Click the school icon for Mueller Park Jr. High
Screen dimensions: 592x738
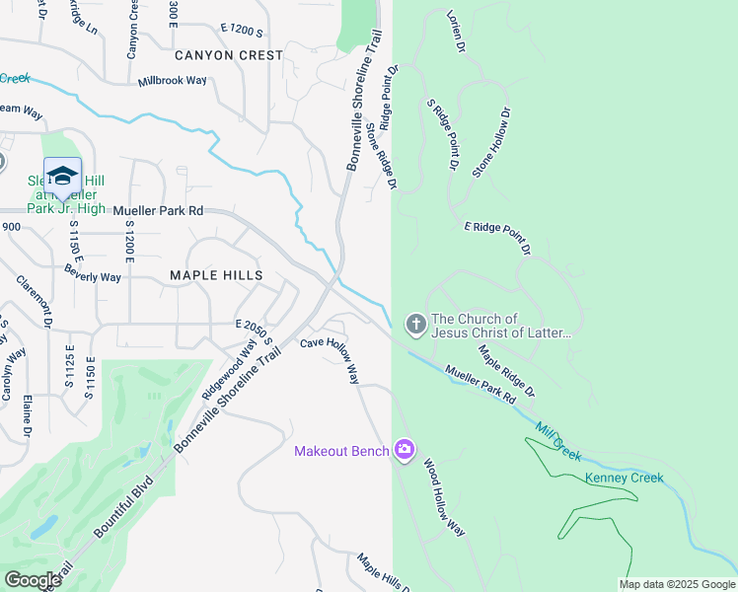pyautogui.click(x=62, y=175)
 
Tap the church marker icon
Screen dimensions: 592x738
pyautogui.click(x=415, y=323)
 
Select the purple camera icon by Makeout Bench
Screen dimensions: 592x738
pyautogui.click(x=404, y=450)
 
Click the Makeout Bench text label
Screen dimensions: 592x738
pyautogui.click(x=340, y=451)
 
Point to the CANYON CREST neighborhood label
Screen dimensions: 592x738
pyautogui.click(x=229, y=55)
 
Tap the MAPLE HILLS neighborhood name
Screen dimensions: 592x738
pyautogui.click(x=216, y=275)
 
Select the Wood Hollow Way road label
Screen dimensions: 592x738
pyautogui.click(x=444, y=496)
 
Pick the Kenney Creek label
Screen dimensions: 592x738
pyautogui.click(x=624, y=479)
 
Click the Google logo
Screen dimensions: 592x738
pyautogui.click(x=33, y=580)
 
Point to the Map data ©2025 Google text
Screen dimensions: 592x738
pyautogui.click(x=676, y=584)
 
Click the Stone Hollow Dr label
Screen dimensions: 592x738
pyautogui.click(x=492, y=143)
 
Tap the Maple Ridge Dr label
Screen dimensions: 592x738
pyautogui.click(x=506, y=371)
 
